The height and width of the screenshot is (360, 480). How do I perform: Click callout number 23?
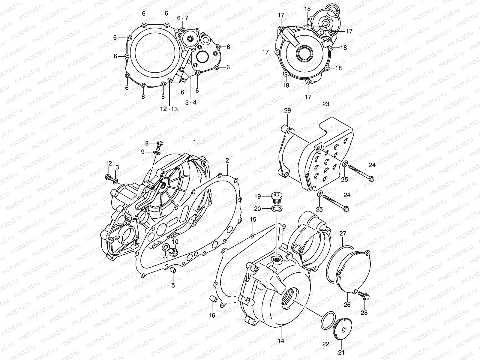pos(326,104)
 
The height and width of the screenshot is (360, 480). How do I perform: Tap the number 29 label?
pos(287,111)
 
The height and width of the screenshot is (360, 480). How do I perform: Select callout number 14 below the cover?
pos(281,341)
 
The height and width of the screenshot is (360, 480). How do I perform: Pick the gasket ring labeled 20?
pos(276,209)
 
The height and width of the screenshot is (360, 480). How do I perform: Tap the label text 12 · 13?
pos(169,109)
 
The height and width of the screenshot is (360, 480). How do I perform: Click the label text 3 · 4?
pos(191,103)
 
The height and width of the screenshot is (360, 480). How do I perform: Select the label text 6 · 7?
pos(182,18)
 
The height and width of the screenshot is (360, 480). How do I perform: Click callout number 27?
pos(343,234)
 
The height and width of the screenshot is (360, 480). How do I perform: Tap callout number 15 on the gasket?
pos(253,220)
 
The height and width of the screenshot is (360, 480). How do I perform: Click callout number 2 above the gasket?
pos(227,160)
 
